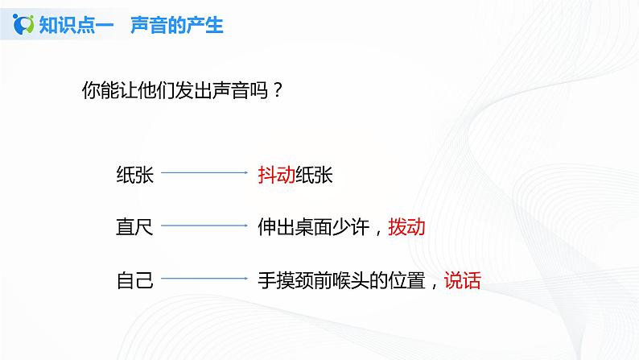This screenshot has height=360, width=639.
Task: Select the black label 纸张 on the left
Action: pos(134,174)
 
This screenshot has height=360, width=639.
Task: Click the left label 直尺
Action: pos(134,227)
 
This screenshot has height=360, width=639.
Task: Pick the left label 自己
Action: pos(134,280)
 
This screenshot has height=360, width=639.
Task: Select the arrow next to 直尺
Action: pos(205,226)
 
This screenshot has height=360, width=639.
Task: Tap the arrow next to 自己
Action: pos(205,279)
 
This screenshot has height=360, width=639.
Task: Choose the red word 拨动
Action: pos(406,227)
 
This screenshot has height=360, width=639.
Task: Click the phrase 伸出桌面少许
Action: pos(313,227)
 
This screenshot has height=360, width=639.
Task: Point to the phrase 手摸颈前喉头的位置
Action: pos(341,280)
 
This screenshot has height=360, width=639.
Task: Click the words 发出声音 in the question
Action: pos(210,90)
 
